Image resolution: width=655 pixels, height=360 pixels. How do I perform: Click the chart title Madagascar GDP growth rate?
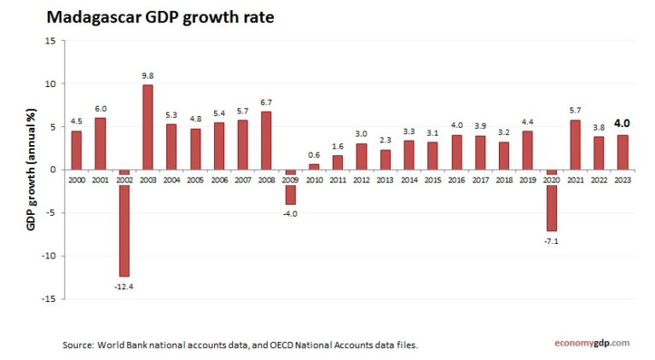pyautogui.click(x=159, y=16)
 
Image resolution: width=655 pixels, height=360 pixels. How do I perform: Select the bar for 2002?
pyautogui.click(x=124, y=223)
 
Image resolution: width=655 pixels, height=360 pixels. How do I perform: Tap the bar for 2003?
pyautogui.click(x=148, y=127)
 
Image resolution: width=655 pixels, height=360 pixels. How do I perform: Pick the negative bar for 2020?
pyautogui.click(x=552, y=200)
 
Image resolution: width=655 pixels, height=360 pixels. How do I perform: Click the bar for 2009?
pyautogui.click(x=290, y=187)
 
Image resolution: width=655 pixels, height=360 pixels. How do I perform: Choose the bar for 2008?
pyautogui.click(x=266, y=141)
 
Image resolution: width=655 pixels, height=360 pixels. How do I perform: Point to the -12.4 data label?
pyautogui.click(x=124, y=286)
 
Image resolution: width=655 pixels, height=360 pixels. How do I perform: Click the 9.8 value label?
pyautogui.click(x=148, y=76)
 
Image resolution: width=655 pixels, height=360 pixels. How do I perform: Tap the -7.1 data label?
pyautogui.click(x=552, y=241)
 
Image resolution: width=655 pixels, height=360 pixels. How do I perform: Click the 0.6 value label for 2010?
pyautogui.click(x=314, y=154)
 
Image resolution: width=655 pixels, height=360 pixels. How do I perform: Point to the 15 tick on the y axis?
pyautogui.click(x=50, y=41)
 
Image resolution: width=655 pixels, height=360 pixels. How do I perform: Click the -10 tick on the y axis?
pyautogui.click(x=49, y=256)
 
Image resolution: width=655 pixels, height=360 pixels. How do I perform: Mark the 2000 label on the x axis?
pyautogui.click(x=76, y=180)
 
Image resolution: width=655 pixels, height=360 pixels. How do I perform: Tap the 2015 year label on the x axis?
pyautogui.click(x=432, y=180)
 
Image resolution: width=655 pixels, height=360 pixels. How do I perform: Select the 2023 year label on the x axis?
pyautogui.click(x=623, y=180)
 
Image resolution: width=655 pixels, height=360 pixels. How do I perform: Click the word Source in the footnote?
pyautogui.click(x=78, y=345)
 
